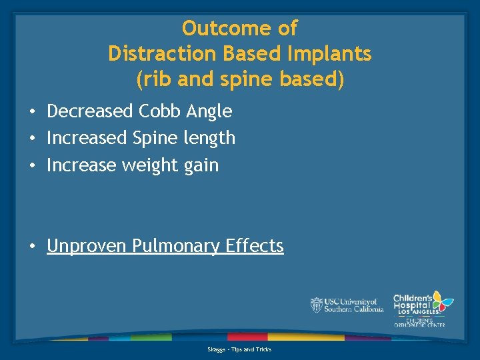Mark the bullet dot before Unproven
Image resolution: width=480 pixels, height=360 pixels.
pos(33,247)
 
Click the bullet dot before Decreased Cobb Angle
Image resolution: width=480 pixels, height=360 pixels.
pos(33,111)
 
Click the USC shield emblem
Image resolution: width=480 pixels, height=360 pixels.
pos(316,305)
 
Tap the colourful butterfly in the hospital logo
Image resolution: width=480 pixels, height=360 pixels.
pos(442,301)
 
